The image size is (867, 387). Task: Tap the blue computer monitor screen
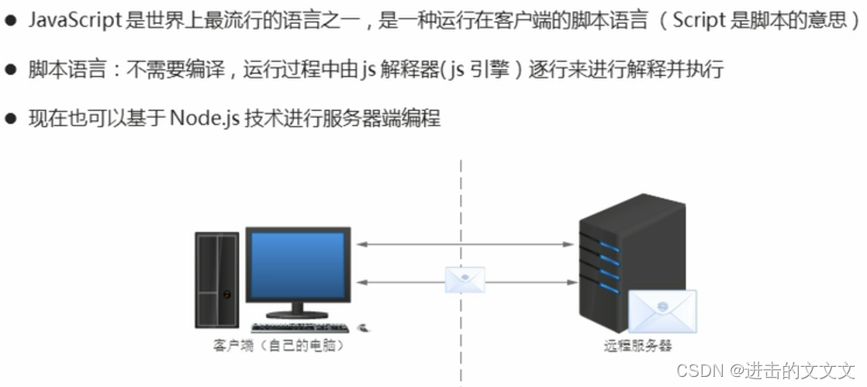coord(297,264)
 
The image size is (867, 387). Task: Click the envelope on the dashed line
coord(465,279)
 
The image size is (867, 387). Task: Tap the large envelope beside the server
coord(661,311)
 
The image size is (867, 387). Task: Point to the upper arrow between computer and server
coord(465,244)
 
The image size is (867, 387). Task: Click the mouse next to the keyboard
coord(364,327)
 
